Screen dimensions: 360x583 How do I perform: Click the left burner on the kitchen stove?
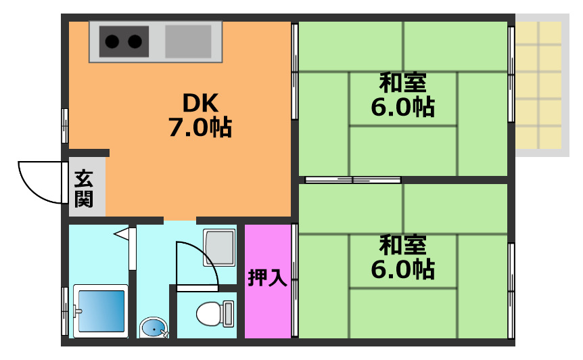tap(113, 42)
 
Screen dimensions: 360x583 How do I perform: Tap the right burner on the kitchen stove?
tap(135, 42)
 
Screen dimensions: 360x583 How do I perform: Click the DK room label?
tap(200, 104)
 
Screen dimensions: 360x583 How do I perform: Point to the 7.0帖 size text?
tap(200, 127)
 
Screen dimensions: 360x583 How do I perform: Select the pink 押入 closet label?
tap(268, 278)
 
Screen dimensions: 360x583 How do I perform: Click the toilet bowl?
tap(208, 314)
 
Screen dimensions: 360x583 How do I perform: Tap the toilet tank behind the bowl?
tap(229, 313)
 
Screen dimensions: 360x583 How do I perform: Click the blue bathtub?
tap(101, 311)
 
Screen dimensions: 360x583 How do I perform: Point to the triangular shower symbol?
tap(122, 234)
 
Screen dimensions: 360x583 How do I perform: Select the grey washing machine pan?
tap(219, 248)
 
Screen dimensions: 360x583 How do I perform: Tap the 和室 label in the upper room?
tap(402, 84)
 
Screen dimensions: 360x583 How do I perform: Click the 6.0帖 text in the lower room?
tap(402, 269)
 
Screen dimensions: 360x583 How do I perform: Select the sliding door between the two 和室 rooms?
tap(352, 180)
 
